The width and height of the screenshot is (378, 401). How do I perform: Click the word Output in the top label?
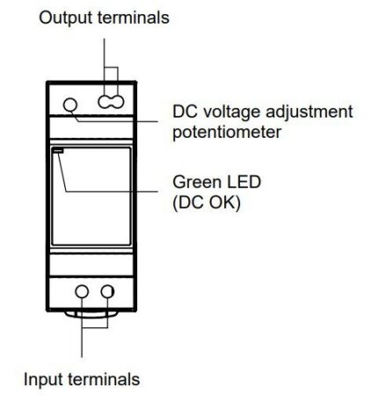pos(67,18)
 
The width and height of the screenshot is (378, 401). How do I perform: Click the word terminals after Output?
pos(134,18)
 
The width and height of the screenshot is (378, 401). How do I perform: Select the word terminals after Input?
pos(104,379)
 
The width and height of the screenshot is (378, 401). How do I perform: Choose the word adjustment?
pos(309,113)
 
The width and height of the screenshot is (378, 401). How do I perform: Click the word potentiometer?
pos(227,132)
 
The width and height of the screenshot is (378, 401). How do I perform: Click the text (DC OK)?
pos(207,203)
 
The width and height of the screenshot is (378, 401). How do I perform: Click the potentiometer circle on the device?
pos(70,104)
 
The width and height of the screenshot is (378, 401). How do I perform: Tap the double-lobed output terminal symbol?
pos(111,103)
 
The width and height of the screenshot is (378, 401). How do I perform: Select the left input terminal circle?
pos(82,291)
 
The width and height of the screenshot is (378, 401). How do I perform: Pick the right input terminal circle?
pos(107,291)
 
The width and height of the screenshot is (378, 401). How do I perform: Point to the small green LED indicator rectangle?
pos(58,151)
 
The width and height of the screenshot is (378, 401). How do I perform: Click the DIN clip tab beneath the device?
pos(91,314)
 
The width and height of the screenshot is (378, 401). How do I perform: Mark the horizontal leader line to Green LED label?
pos(113,191)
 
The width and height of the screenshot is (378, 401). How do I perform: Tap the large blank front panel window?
pos(91,196)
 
